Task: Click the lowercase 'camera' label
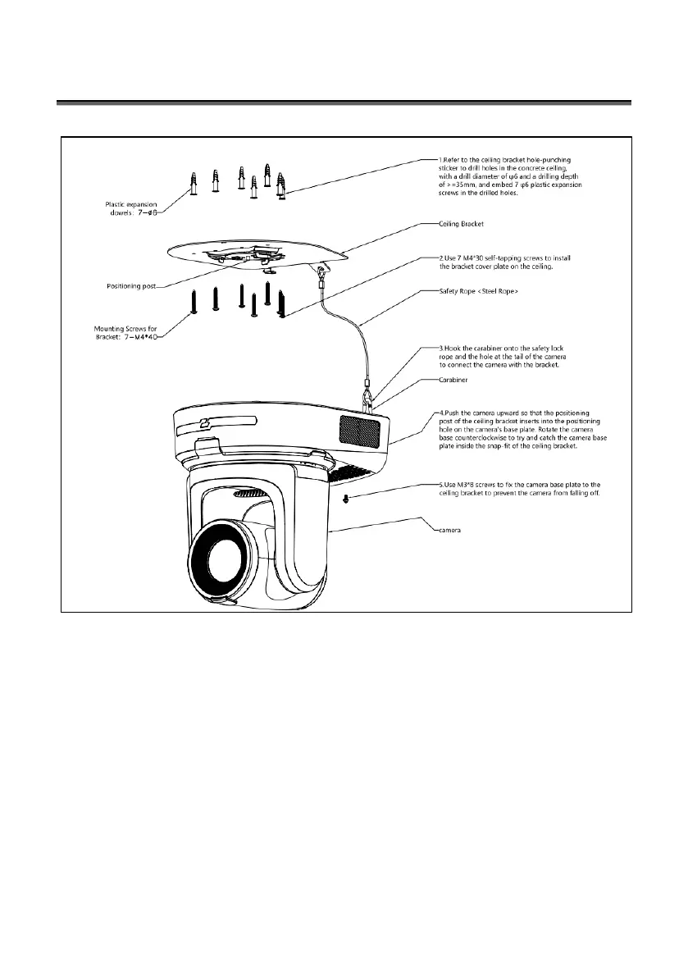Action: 447,531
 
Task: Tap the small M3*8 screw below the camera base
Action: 345,499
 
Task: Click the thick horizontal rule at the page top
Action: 344,103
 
